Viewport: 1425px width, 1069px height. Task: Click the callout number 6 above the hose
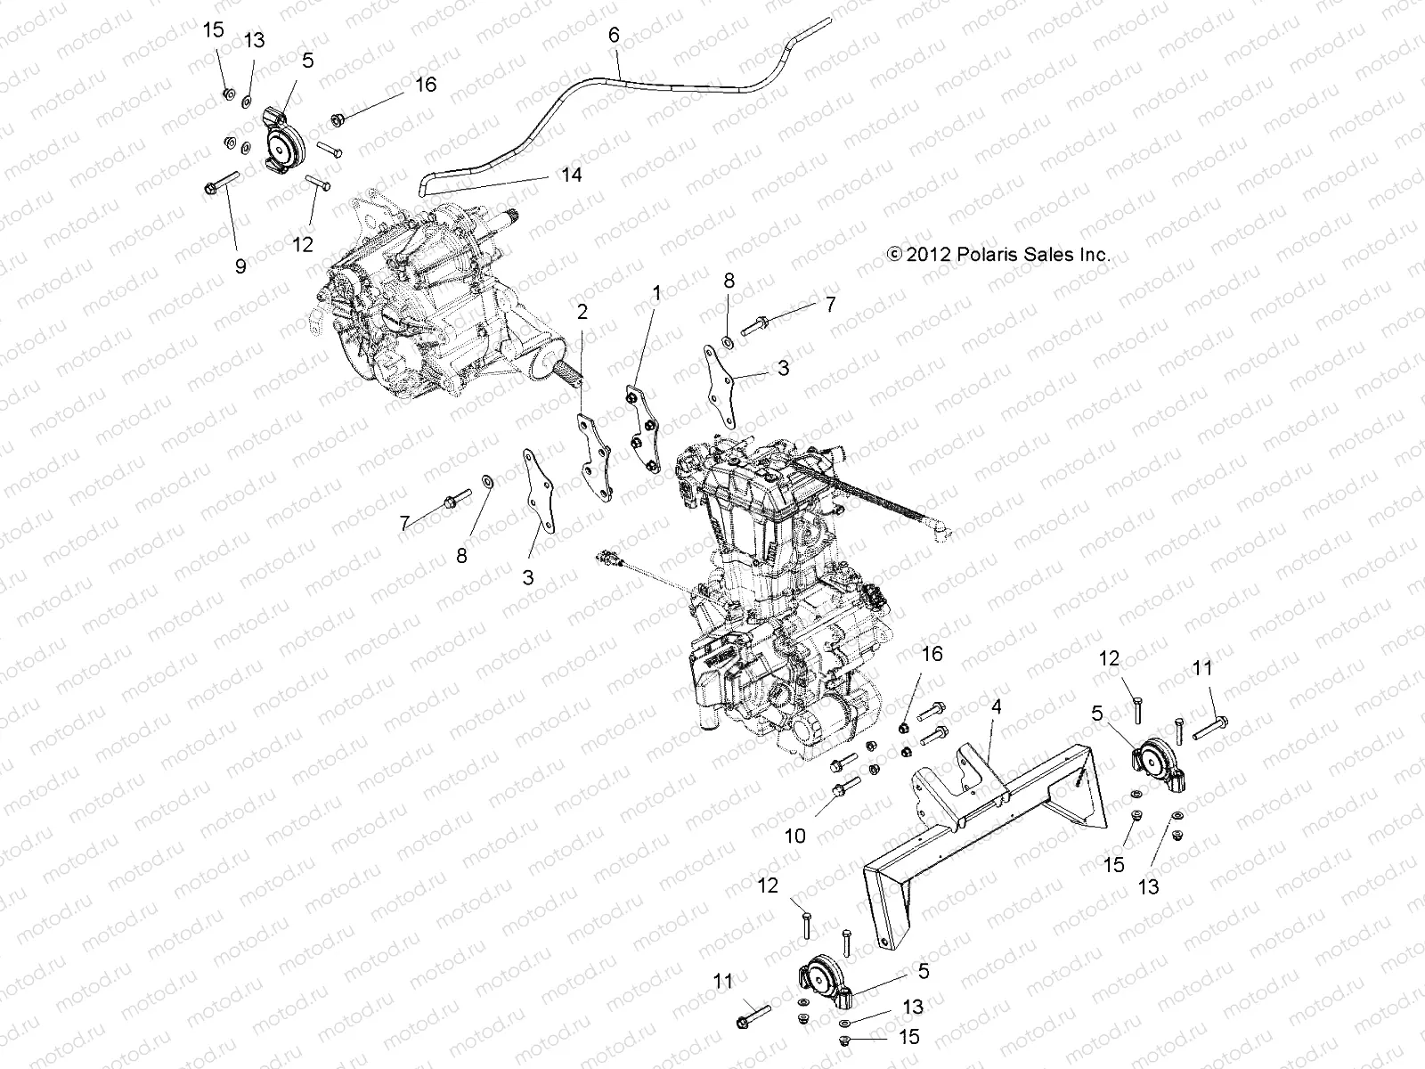[x=613, y=37]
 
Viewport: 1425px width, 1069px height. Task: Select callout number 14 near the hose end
[x=571, y=175]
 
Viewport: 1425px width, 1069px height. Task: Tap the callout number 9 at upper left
[x=240, y=265]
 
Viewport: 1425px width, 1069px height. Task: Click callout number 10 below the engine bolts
[x=794, y=836]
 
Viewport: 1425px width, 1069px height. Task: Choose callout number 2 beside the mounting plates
[x=582, y=311]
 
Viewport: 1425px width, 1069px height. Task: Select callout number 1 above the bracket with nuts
[x=656, y=292]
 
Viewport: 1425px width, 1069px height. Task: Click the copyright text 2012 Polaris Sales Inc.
[x=998, y=254]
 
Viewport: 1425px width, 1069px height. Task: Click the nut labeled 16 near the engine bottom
[x=902, y=718]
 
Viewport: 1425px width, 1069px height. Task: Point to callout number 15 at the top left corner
[x=214, y=29]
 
